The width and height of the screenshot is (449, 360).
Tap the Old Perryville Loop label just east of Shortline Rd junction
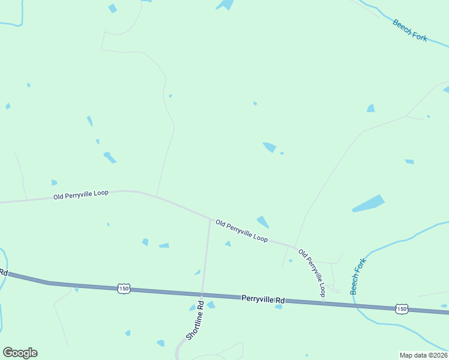[241, 230]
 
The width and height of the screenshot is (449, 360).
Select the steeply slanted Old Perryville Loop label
[312, 273]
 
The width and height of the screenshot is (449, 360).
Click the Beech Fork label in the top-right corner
[410, 30]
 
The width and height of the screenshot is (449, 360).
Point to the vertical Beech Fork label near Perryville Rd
[358, 275]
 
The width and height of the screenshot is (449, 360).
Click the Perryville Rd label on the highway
[263, 298]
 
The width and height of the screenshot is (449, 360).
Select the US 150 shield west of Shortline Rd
[124, 289]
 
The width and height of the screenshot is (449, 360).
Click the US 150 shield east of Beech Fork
[402, 308]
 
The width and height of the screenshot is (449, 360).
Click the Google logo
[20, 353]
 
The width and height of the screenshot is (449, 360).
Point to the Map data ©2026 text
[423, 355]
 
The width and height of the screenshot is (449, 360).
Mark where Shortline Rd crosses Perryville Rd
[202, 294]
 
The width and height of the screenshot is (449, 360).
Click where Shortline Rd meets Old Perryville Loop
[209, 220]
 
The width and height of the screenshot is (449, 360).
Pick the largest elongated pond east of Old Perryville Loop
[368, 203]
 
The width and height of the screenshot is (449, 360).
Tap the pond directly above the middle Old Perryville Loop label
[263, 221]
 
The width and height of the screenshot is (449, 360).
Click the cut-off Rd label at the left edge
[3, 272]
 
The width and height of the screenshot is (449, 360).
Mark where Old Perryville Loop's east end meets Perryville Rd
[324, 302]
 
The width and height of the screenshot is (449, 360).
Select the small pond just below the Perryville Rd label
[279, 307]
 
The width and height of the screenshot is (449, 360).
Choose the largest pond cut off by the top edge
[225, 5]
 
